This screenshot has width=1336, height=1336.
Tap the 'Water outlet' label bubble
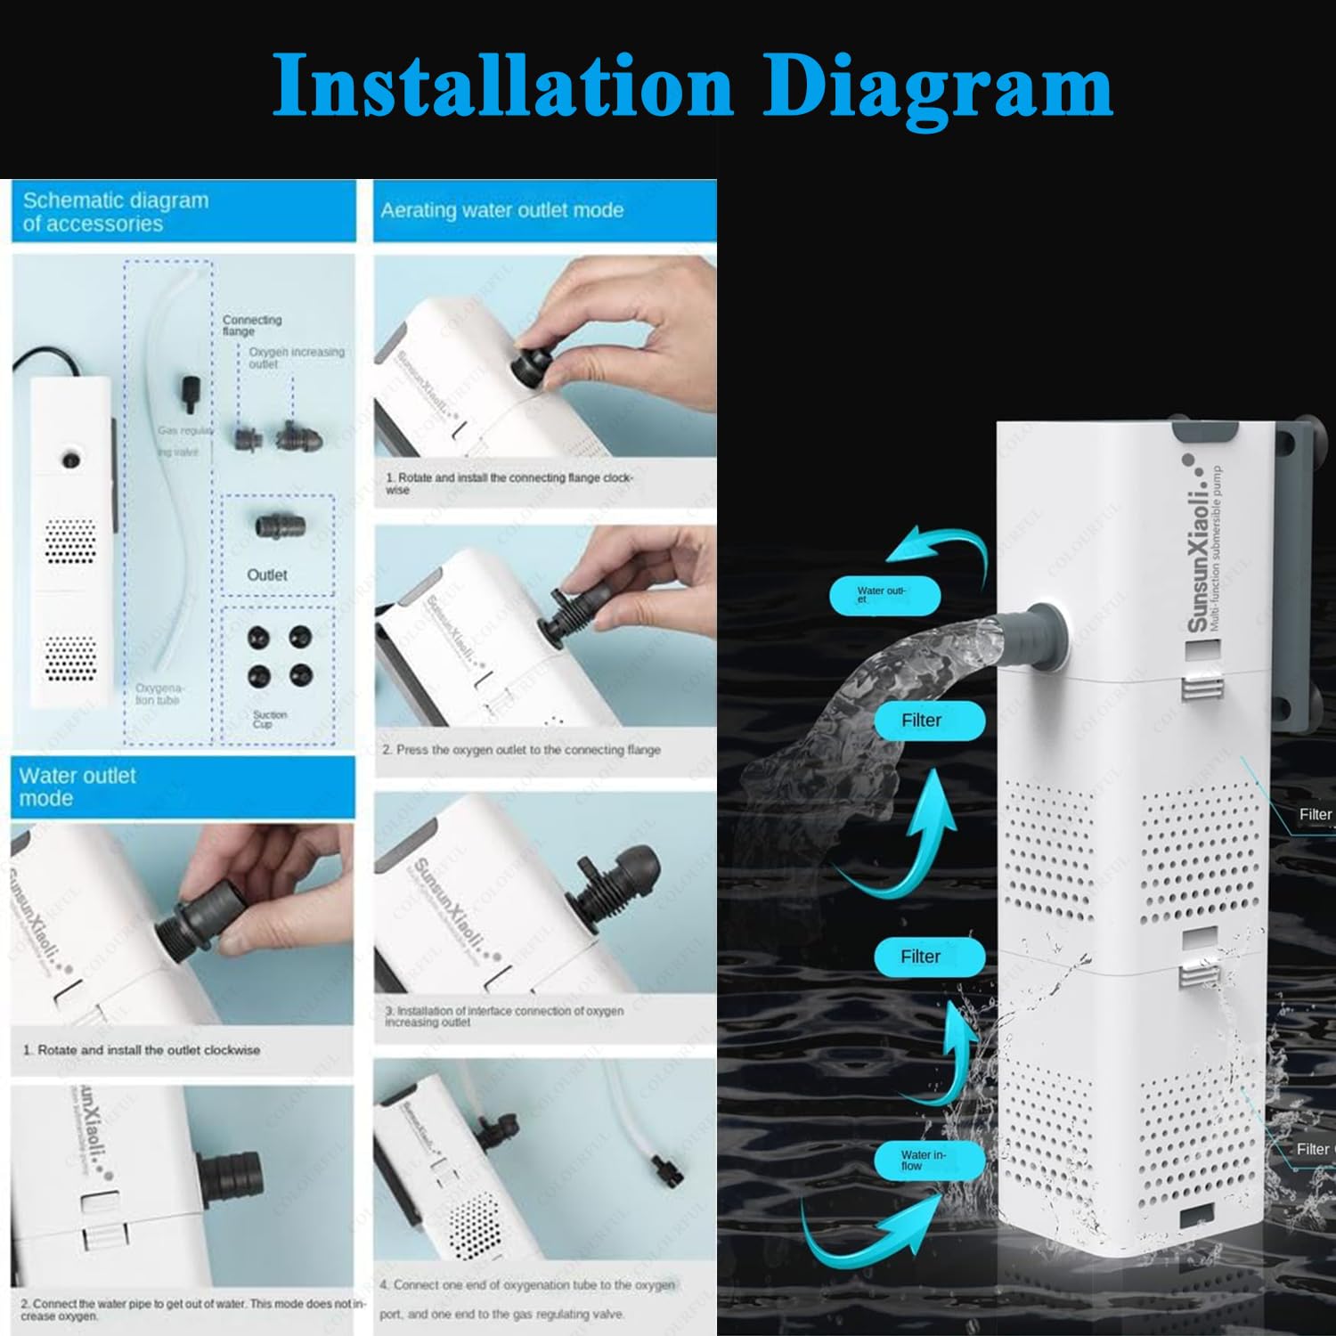pyautogui.click(x=884, y=595)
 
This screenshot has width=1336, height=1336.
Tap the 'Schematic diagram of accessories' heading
pyautogui.click(x=116, y=212)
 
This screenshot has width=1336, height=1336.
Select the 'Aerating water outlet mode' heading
pyautogui.click(x=501, y=211)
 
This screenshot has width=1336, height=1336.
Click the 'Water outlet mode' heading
pyautogui.click(x=77, y=787)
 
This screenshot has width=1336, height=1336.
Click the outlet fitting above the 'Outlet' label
pyautogui.click(x=280, y=525)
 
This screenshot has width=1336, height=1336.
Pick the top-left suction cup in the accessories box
pyautogui.click(x=258, y=637)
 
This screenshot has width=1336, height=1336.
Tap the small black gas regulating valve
pyautogui.click(x=192, y=393)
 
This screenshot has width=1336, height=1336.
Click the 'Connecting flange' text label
pyautogui.click(x=252, y=325)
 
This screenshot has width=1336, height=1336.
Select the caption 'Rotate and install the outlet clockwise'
pyautogui.click(x=148, y=1050)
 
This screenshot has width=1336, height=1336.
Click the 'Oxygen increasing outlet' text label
pyautogui.click(x=296, y=357)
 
